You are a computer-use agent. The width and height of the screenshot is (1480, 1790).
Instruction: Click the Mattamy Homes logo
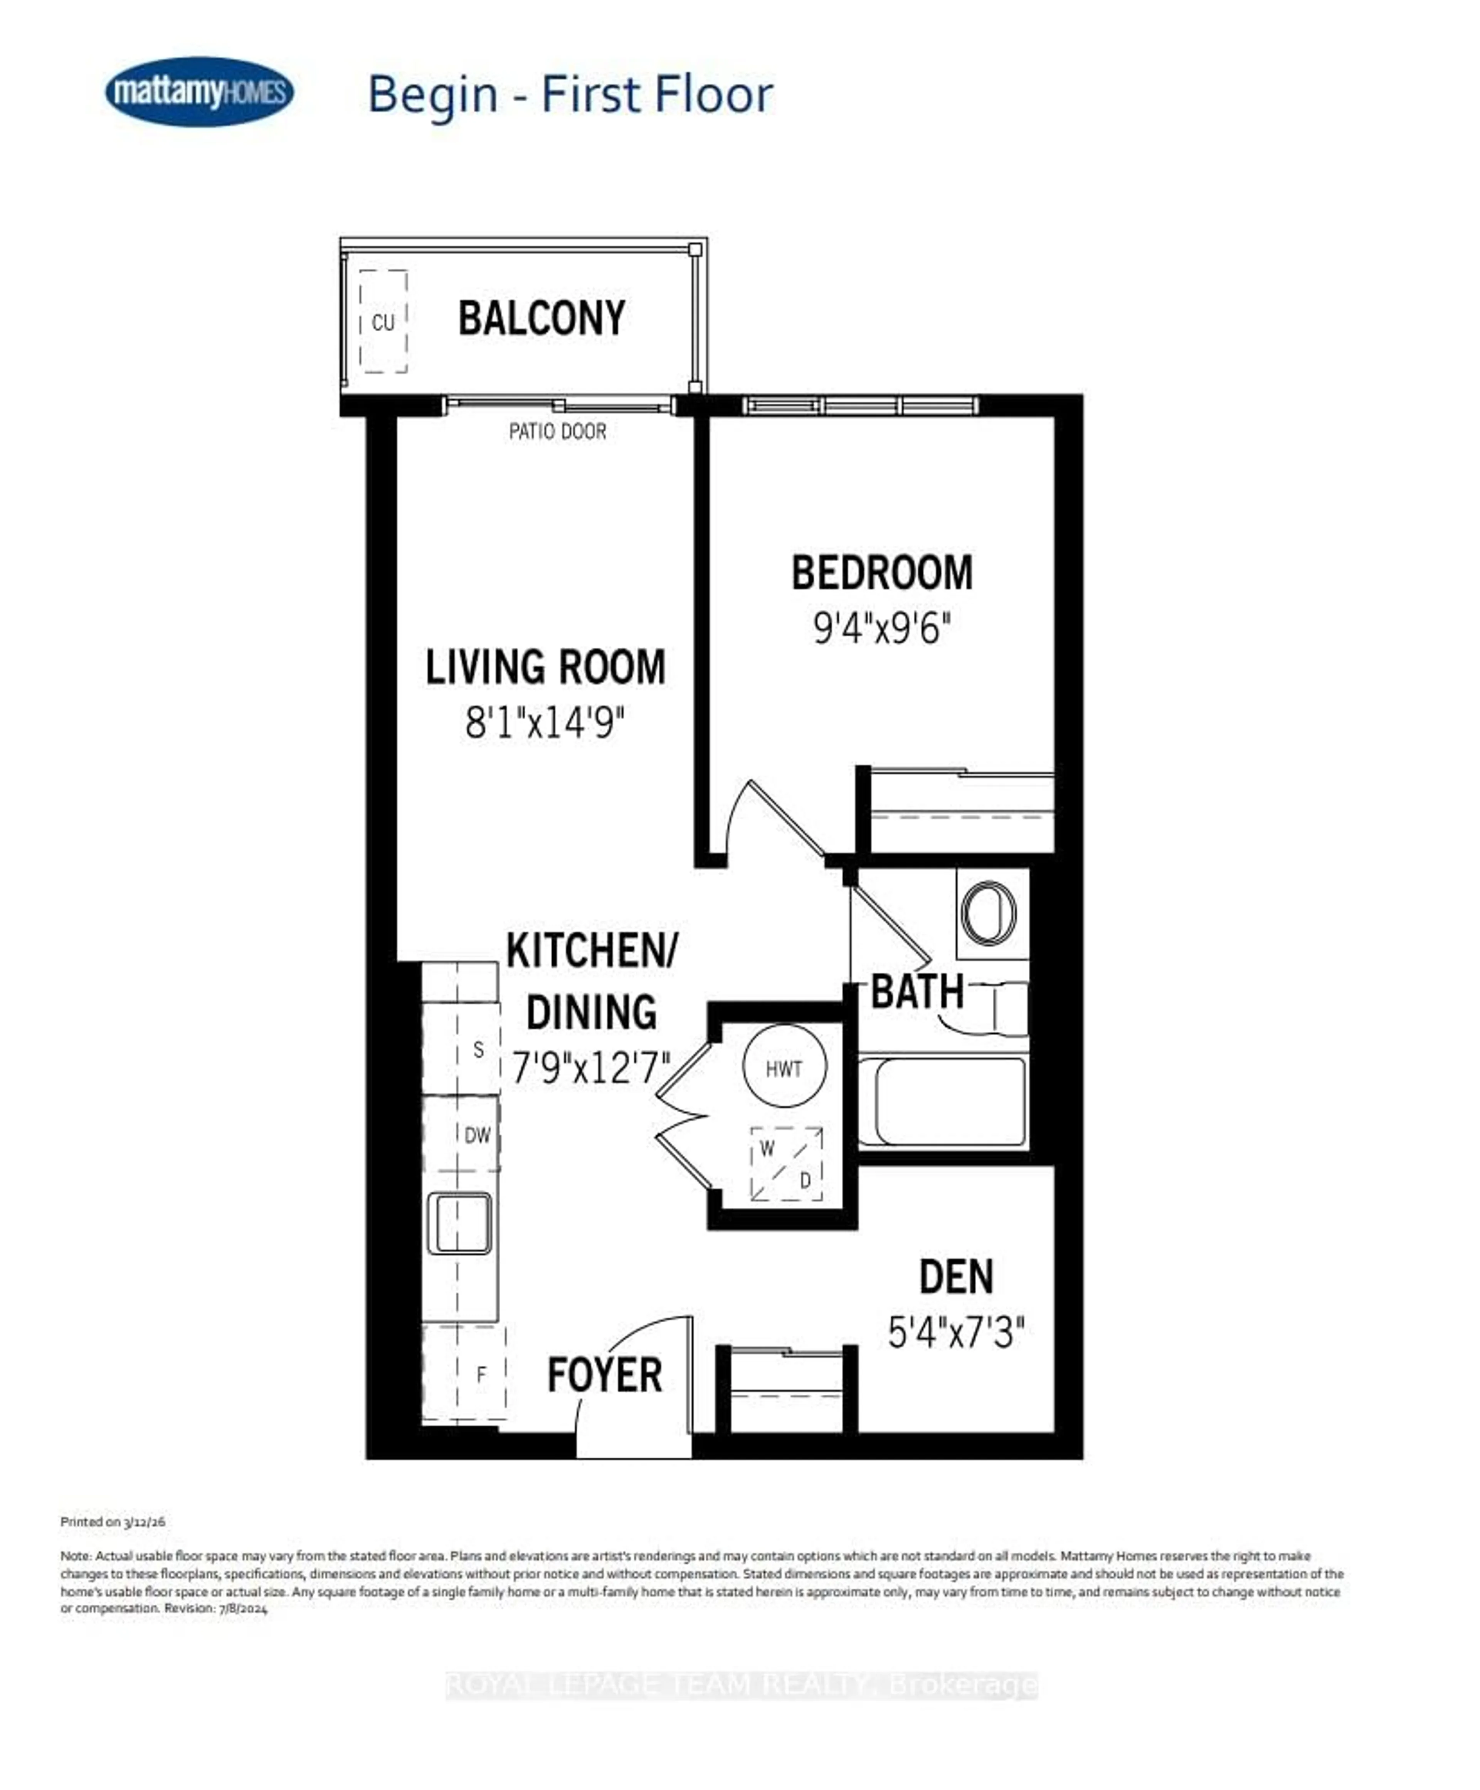(200, 91)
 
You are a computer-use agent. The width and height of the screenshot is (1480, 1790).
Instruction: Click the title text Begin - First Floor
(570, 95)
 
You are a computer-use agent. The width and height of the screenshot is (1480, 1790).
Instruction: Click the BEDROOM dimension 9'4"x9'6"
(881, 629)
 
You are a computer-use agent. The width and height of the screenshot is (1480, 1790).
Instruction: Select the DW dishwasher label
(478, 1135)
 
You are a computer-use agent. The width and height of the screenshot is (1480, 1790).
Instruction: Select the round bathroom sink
(989, 912)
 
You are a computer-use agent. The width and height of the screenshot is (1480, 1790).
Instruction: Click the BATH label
(917, 992)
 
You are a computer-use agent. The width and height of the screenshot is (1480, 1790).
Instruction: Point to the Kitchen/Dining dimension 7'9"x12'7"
(591, 1067)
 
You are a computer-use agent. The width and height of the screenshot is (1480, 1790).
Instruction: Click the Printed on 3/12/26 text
(113, 1521)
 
